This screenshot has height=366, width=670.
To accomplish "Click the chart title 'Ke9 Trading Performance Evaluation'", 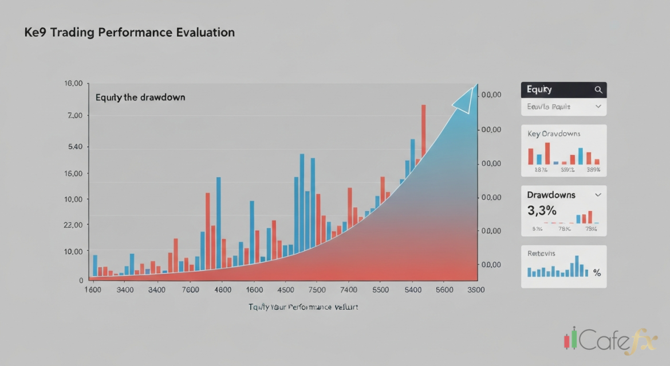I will pyautogui.click(x=129, y=33).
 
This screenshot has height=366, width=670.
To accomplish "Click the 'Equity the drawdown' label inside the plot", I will pyautogui.click(x=140, y=98).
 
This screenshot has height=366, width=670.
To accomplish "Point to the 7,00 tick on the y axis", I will pyautogui.click(x=75, y=116).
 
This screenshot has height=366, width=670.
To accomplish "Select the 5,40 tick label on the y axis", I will pyautogui.click(x=75, y=147).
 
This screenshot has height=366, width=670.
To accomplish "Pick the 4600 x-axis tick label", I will pyautogui.click(x=222, y=290).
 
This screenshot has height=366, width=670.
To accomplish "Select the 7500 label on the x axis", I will pyautogui.click(x=316, y=290).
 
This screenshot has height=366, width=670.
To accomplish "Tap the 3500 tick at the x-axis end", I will pyautogui.click(x=475, y=290).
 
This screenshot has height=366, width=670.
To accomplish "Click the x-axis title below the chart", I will pyautogui.click(x=303, y=307).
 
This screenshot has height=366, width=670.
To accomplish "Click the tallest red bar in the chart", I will pyautogui.click(x=424, y=132).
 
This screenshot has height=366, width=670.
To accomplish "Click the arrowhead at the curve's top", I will pyautogui.click(x=465, y=99).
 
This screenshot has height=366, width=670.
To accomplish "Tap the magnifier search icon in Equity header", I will pyautogui.click(x=598, y=90).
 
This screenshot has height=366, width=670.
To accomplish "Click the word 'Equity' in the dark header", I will pyautogui.click(x=539, y=89).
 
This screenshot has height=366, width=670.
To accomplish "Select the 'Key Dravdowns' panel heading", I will pyautogui.click(x=554, y=134).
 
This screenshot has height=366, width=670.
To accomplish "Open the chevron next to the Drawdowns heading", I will pyautogui.click(x=598, y=195).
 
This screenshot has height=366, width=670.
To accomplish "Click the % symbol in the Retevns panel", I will pyautogui.click(x=597, y=273).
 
